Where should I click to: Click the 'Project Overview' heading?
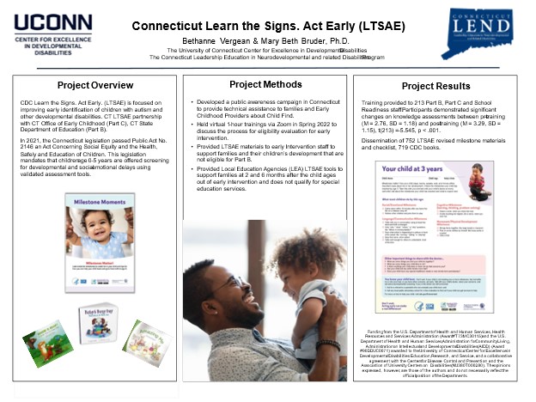coord(95,86)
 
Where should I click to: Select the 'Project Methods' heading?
coord(266,84)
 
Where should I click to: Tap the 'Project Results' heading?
coord(437,86)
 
